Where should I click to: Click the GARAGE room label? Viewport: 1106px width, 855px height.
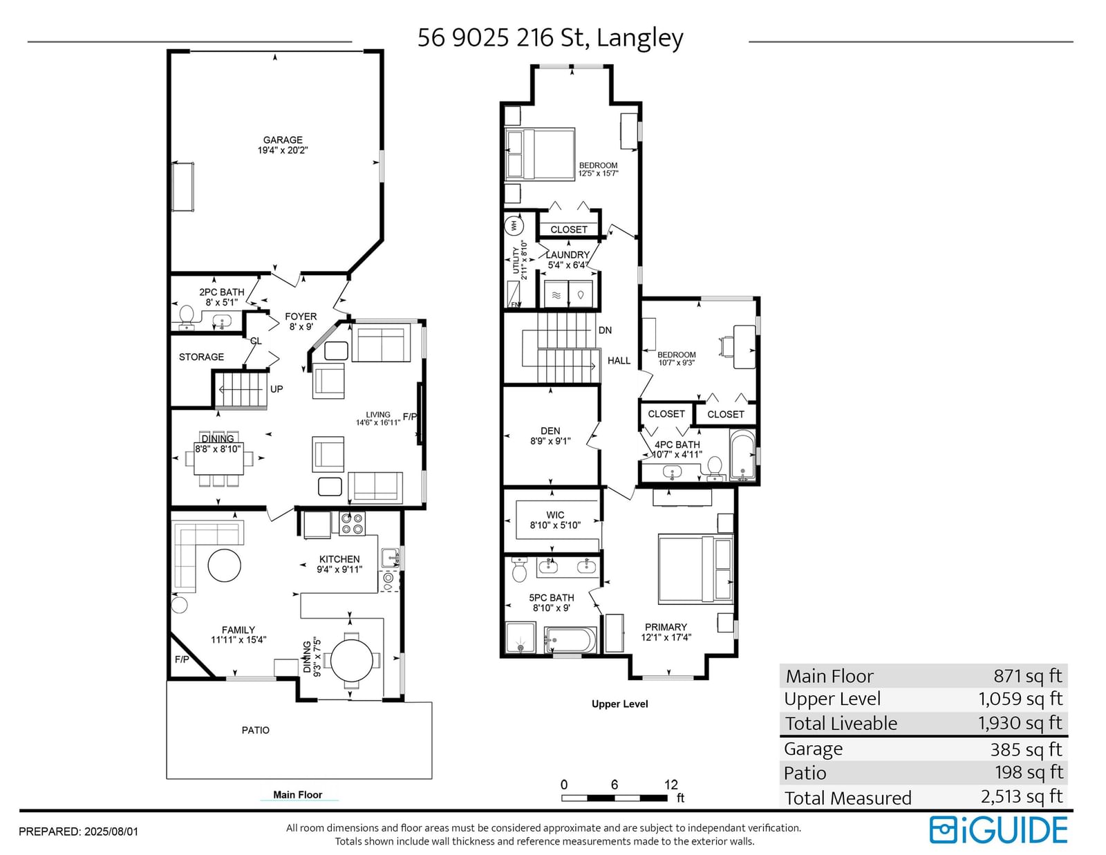[283, 140]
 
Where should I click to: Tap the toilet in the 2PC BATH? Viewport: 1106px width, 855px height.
[187, 317]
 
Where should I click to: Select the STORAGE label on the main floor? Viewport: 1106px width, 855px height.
[201, 357]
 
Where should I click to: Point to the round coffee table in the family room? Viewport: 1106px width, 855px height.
[225, 565]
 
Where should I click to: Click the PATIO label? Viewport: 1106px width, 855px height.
[256, 731]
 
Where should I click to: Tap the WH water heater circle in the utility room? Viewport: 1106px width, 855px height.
[514, 225]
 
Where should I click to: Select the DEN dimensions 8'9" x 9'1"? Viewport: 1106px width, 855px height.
[550, 441]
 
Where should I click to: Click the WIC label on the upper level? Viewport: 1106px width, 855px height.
[555, 515]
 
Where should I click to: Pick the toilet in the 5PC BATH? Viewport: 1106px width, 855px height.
[519, 570]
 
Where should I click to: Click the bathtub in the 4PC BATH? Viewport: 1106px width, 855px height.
[742, 455]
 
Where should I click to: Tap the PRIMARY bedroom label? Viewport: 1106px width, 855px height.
[666, 628]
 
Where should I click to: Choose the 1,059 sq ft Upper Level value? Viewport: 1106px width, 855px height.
[1020, 699]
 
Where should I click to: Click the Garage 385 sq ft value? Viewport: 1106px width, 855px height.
[1026, 749]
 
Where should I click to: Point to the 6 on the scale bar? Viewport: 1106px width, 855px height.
[615, 784]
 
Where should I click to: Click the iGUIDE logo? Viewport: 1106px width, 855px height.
[998, 830]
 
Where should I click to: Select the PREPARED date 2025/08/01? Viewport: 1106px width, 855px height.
[111, 831]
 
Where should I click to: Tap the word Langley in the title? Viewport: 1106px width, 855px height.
[640, 38]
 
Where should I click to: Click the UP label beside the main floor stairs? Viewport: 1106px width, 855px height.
[276, 389]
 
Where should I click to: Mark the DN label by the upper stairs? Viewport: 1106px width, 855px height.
[605, 330]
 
